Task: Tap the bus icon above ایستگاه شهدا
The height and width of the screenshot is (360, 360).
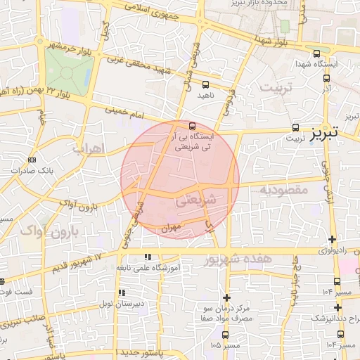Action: pyautogui.click(x=316, y=53)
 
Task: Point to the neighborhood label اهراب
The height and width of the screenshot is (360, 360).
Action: pyautogui.click(x=88, y=148)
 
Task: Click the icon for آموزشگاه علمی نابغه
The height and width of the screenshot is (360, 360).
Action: pyautogui.click(x=147, y=258)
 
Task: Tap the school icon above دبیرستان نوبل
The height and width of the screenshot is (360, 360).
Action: pyautogui.click(x=122, y=292)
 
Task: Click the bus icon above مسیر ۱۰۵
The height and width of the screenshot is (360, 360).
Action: pyautogui.click(x=226, y=335)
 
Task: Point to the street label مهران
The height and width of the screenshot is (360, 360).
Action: pyautogui.click(x=171, y=227)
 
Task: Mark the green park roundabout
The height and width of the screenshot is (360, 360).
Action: pyautogui.click(x=70, y=71)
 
